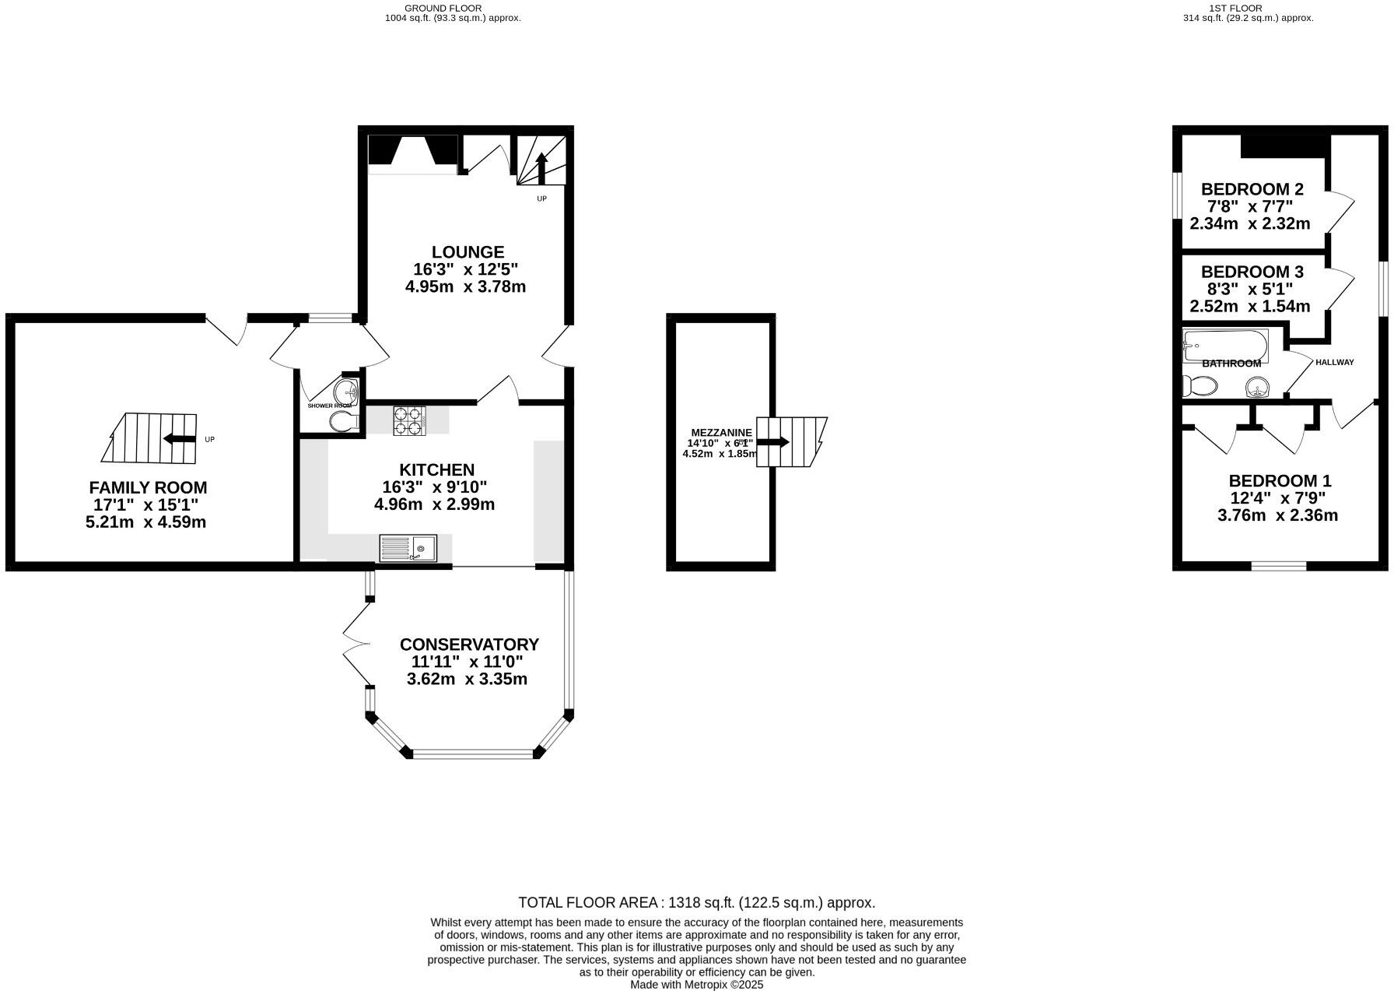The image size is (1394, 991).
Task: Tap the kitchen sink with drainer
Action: (408, 549)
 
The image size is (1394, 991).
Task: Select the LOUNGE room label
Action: (468, 252)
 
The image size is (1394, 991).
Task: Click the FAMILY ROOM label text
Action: (148, 488)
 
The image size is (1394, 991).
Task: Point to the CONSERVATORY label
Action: (469, 645)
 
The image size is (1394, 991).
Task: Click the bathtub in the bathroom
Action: (1224, 345)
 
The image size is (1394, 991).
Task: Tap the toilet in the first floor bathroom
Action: (1199, 385)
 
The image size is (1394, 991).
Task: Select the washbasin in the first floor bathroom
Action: (1257, 387)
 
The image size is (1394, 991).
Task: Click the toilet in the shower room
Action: (343, 422)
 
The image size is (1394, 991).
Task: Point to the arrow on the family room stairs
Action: (180, 439)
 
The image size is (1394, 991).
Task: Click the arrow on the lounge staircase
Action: (541, 167)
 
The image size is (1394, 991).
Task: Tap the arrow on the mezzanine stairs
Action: (773, 442)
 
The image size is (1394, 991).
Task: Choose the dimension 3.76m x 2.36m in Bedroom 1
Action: (1277, 515)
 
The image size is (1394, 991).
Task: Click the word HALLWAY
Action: (1334, 362)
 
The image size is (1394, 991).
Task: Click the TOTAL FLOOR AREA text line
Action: (696, 903)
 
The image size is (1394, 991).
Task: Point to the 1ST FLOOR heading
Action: (1246, 8)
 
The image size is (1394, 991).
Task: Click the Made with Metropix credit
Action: (696, 985)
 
